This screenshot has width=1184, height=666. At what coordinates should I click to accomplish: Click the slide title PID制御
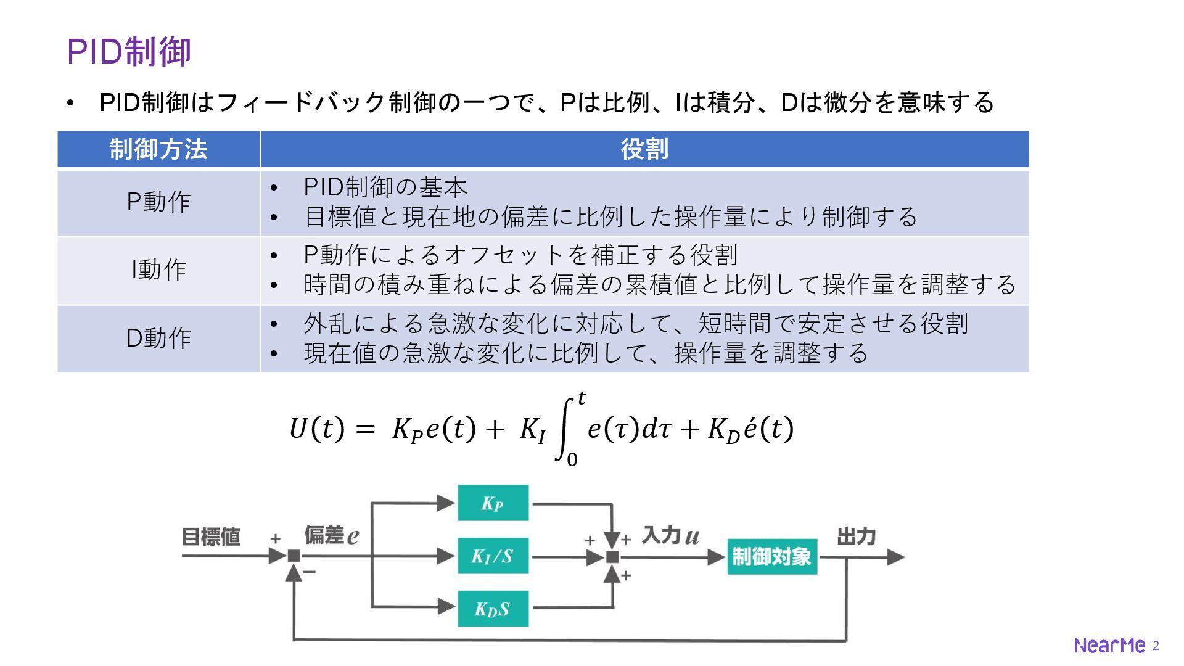coord(129,51)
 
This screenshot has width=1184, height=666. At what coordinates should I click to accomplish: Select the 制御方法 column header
coord(158,149)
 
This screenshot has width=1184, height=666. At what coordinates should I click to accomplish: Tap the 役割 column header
coord(644,149)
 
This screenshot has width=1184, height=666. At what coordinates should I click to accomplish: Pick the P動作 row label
coord(158,202)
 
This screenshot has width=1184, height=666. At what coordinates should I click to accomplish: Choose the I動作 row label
coord(158,270)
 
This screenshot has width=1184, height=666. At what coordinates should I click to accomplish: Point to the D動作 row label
coord(158,338)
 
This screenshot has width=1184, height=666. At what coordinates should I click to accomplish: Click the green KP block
coord(493,503)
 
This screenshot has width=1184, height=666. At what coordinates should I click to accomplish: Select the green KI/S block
coord(493,556)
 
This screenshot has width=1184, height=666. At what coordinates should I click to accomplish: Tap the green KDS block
coord(493,609)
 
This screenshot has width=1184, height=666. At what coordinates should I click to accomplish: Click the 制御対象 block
coord(771,557)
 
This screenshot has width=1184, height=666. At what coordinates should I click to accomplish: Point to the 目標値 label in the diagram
coord(210,537)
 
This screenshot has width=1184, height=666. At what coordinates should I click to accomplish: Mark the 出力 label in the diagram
coord(856,536)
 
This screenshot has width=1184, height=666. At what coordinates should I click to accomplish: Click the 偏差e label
coord(331,535)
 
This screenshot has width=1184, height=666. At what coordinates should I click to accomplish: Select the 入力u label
coord(670,535)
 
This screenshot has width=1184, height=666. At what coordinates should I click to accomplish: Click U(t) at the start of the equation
coord(316,429)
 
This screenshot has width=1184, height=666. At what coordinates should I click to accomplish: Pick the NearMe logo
coord(1109,646)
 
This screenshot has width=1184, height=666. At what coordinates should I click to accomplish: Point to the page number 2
coord(1156,646)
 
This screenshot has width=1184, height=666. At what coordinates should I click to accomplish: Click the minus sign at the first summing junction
coord(310,572)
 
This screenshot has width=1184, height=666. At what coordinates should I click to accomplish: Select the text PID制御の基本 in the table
coord(385,187)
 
